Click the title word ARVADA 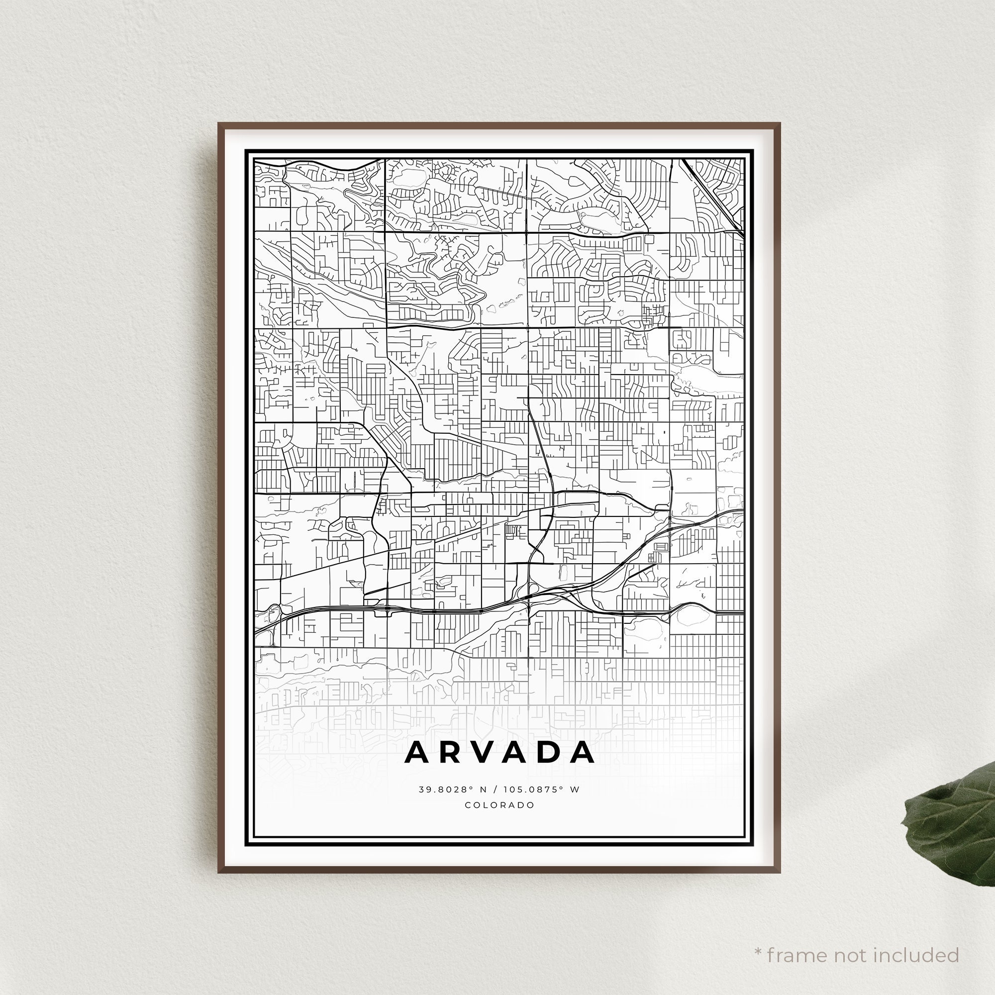click(x=499, y=752)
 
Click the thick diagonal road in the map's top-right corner click(x=713, y=197)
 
